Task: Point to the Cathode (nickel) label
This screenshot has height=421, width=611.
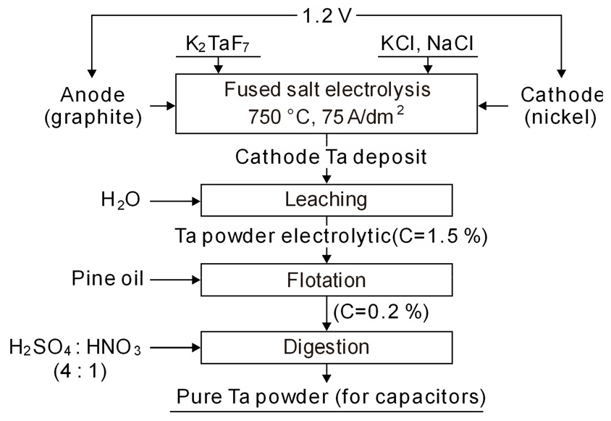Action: click(562, 106)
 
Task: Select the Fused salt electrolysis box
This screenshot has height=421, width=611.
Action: click(326, 106)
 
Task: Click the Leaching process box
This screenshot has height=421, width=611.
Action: click(326, 199)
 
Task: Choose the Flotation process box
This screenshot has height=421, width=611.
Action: click(326, 280)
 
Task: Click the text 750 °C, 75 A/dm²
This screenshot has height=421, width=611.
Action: click(326, 117)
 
